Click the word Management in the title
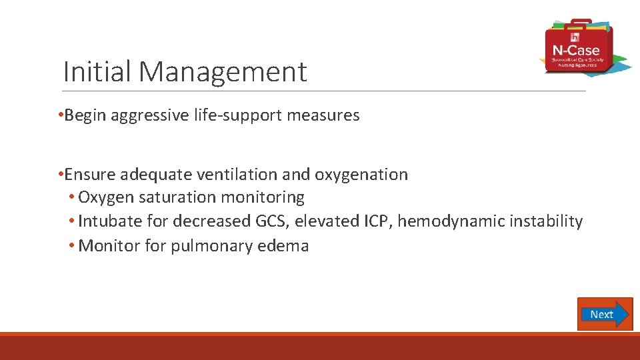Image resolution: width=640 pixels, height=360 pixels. pos(223,71)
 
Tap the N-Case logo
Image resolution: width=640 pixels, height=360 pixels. pos(577,47)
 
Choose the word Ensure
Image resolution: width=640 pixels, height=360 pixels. pos(90,174)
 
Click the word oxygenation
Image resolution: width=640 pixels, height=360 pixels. pos(361,174)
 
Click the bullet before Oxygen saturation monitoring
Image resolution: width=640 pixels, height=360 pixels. pos(72,198)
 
